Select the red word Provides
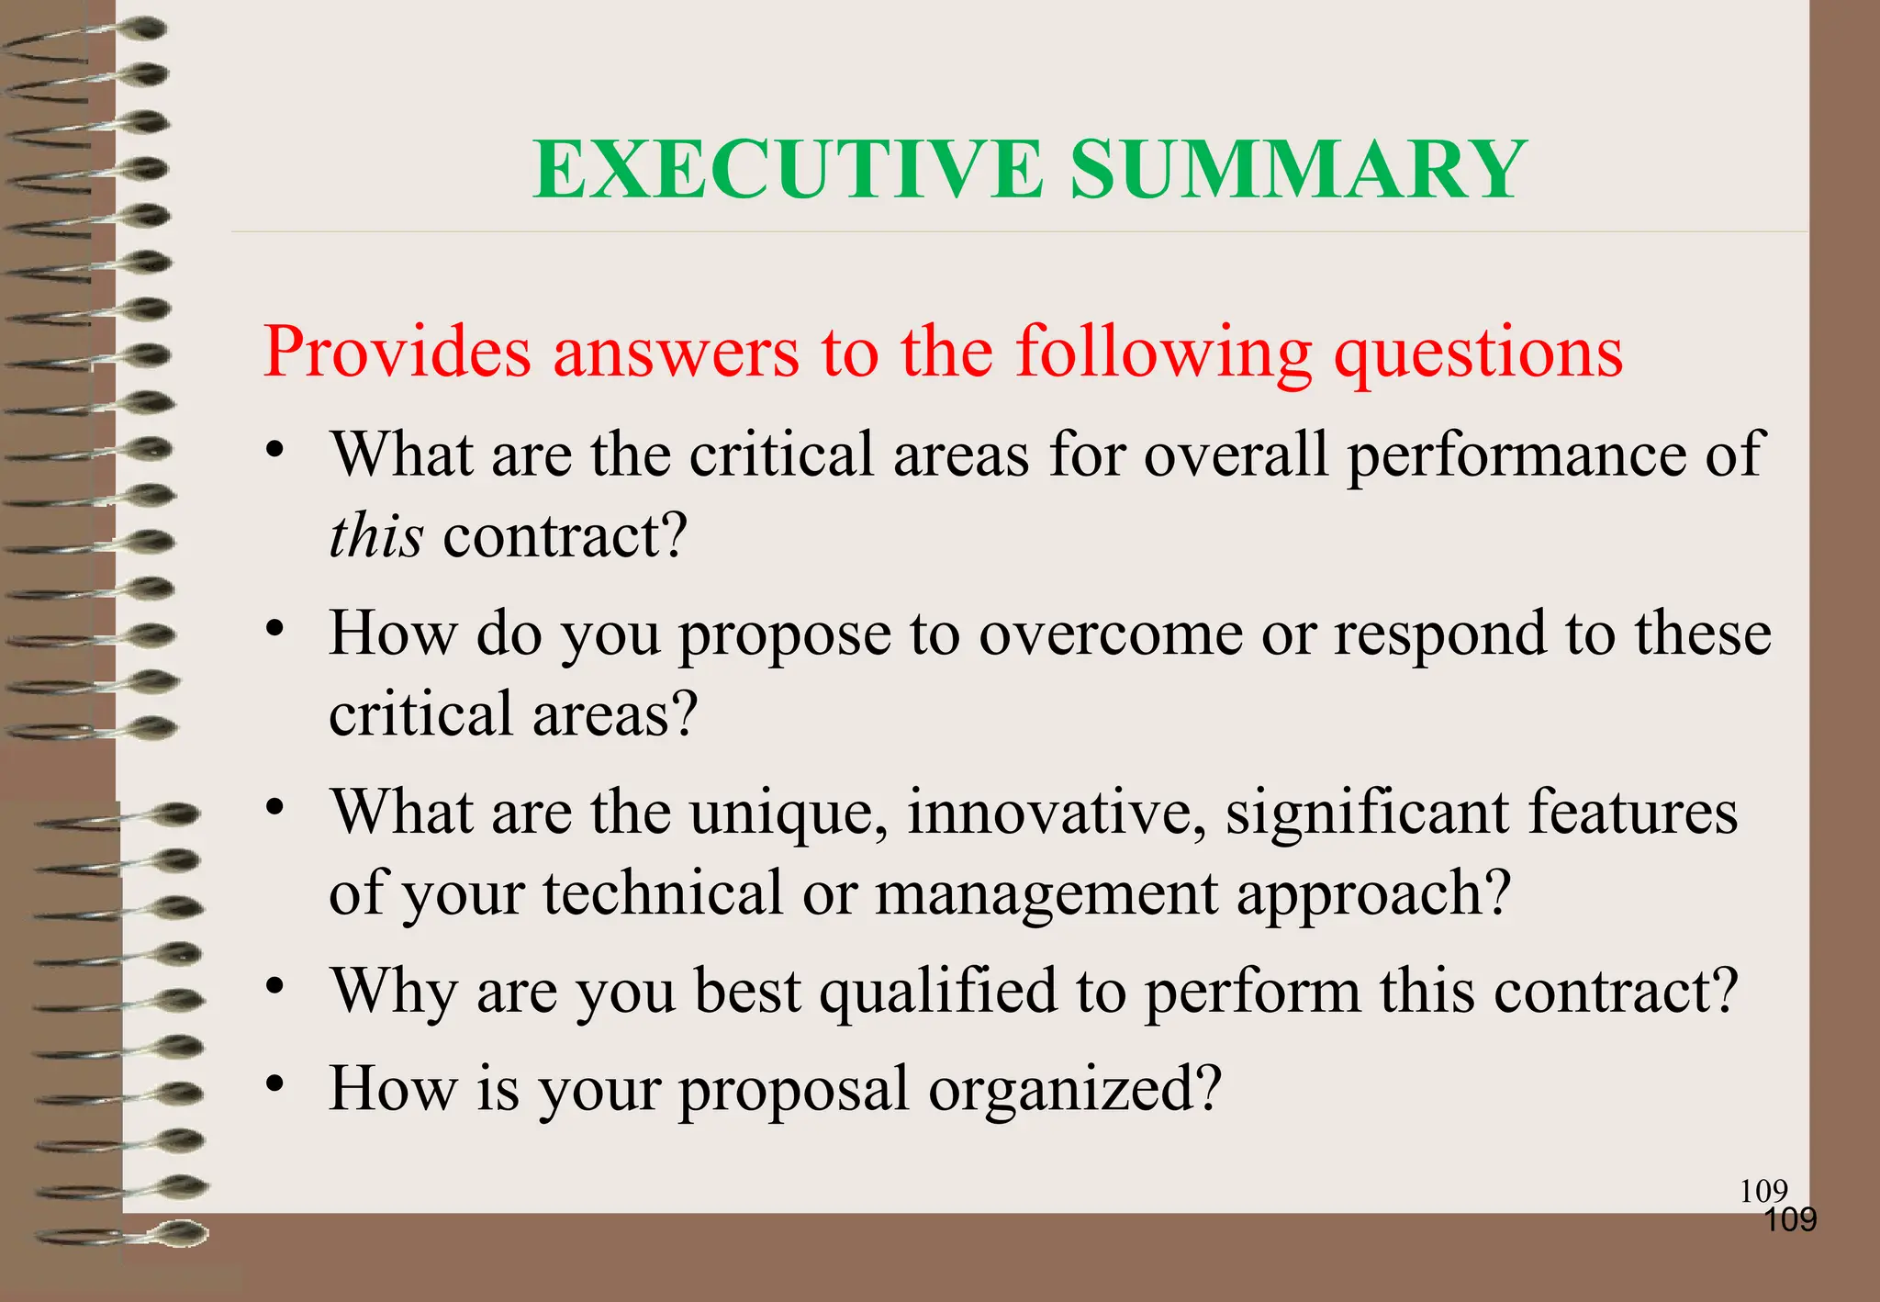tap(397, 352)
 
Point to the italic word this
tap(375, 535)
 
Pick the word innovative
tap(1056, 814)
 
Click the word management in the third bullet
tap(1046, 894)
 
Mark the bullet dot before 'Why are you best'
tap(274, 987)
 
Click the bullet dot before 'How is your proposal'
tap(274, 1084)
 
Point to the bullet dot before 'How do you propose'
tap(274, 629)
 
